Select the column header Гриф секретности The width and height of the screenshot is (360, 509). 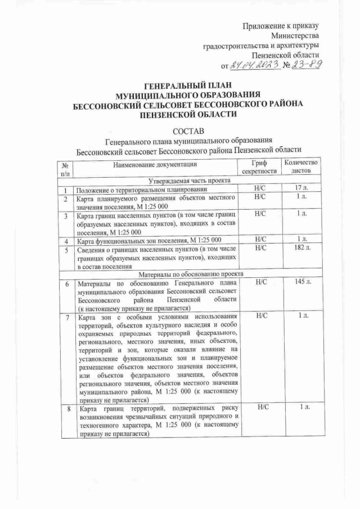pyautogui.click(x=259, y=167)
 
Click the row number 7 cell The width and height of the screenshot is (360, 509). pyautogui.click(x=66, y=317)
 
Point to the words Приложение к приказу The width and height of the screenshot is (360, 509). pyautogui.click(x=281, y=25)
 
